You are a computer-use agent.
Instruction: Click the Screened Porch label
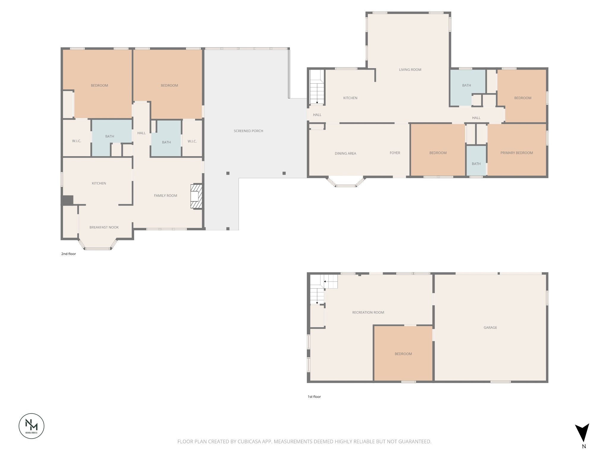(x=248, y=131)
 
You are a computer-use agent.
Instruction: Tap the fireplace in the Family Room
(x=196, y=196)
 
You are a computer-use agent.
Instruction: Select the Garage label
(x=490, y=328)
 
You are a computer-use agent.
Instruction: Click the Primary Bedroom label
(x=517, y=153)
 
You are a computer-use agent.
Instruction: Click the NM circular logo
(x=32, y=426)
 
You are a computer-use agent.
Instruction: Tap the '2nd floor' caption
(x=69, y=254)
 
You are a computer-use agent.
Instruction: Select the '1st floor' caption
(x=314, y=397)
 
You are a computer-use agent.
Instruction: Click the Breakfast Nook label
(x=104, y=227)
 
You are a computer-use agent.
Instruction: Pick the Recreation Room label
(x=368, y=312)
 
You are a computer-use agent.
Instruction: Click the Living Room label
(x=410, y=70)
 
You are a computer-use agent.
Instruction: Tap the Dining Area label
(x=345, y=154)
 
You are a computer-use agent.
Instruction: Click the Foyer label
(x=395, y=153)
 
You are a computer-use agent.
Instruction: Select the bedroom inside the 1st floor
(x=403, y=354)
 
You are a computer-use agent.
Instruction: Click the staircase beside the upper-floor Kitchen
(x=317, y=88)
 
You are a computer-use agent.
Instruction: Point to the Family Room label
(x=165, y=195)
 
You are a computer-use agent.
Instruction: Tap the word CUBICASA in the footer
(x=249, y=442)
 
